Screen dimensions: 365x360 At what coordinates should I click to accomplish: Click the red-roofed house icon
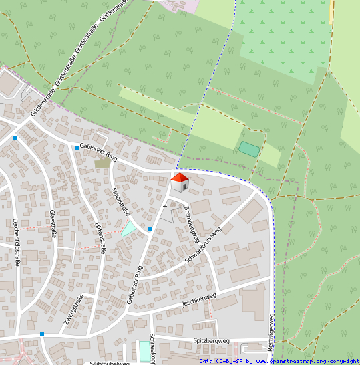point(180,181)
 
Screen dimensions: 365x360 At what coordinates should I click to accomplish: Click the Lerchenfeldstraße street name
point(15,241)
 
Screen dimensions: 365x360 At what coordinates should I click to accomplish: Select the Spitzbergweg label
point(210,340)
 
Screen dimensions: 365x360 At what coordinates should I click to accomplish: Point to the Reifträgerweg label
point(271,332)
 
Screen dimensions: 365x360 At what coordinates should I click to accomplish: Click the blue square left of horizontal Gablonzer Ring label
point(76,146)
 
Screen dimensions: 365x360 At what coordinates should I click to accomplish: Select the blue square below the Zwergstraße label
point(41,333)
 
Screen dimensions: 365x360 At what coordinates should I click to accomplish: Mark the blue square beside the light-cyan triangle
point(149,229)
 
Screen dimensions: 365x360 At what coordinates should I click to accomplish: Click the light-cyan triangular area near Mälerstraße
point(128,228)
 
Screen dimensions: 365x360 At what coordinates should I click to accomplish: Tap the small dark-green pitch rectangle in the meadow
point(249,149)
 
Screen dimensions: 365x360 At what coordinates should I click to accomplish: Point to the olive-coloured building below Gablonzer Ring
point(102,162)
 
